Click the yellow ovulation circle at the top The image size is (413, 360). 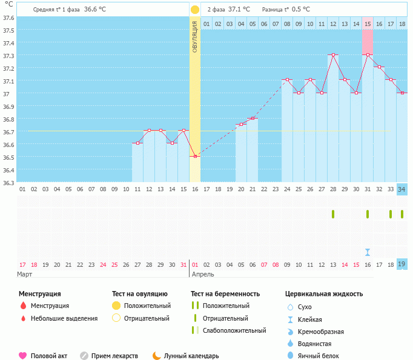[x=195, y=10]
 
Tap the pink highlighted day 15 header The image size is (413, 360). [x=368, y=24]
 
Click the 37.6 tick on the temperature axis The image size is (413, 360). [x=8, y=18]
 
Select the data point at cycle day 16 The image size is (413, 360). [x=195, y=156]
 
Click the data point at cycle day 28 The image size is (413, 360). [x=333, y=54]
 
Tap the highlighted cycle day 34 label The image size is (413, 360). [x=402, y=189]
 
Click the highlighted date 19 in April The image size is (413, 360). [x=402, y=264]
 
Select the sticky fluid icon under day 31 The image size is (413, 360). [x=368, y=252]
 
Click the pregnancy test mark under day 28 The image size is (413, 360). [x=333, y=214]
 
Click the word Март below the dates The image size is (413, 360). [x=25, y=274]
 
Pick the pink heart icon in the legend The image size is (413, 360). [x=23, y=356]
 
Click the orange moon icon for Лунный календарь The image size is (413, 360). [x=157, y=356]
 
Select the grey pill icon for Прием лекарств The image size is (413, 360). [x=84, y=356]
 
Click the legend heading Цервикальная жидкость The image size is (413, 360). [x=324, y=293]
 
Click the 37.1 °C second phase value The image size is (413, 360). [x=237, y=10]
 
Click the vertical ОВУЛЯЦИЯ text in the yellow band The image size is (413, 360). [x=195, y=36]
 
